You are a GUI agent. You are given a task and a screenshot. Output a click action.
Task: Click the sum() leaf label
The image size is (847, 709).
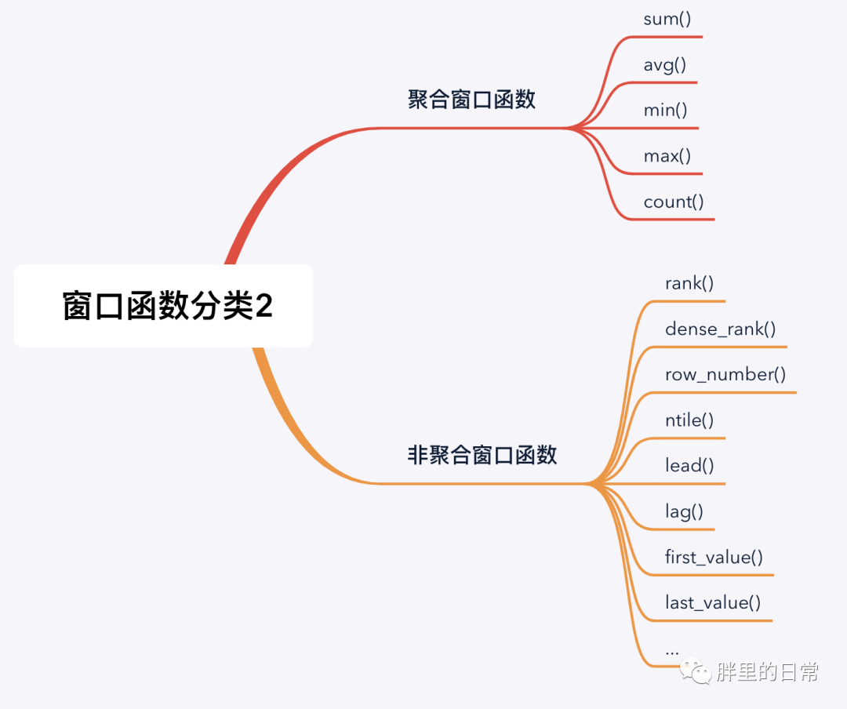667,20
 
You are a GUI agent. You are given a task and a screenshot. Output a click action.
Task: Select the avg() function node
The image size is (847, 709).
665,65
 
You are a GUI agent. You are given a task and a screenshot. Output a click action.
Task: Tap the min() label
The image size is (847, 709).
665,111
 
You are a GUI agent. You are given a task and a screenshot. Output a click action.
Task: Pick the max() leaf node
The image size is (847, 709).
667,156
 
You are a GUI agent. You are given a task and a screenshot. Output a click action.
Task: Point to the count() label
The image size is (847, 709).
674,202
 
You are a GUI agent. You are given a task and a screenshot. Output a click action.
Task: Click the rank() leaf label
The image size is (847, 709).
689,283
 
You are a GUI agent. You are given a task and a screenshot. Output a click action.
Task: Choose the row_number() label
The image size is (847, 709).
725,375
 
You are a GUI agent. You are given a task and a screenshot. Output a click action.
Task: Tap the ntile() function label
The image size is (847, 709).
689,420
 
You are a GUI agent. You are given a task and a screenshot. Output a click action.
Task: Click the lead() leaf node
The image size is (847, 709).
689,466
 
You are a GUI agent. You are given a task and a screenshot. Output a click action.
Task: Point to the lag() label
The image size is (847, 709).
684,512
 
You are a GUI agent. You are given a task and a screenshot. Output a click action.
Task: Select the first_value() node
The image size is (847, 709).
714,558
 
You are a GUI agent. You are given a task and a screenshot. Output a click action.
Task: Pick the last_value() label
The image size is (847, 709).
713,603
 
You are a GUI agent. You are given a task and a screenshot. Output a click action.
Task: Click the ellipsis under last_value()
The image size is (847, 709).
671,651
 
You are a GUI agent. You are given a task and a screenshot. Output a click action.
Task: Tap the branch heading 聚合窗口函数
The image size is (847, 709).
471,100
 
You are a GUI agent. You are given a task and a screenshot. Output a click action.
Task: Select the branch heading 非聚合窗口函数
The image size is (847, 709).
482,455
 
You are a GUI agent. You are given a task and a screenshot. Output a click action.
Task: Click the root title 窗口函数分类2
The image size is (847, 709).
167,306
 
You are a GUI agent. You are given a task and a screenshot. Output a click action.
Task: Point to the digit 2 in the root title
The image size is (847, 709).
264,305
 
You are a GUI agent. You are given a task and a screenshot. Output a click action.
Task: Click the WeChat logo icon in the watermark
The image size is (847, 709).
695,671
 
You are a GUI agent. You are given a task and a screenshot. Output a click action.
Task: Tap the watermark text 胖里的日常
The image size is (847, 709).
767,672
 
